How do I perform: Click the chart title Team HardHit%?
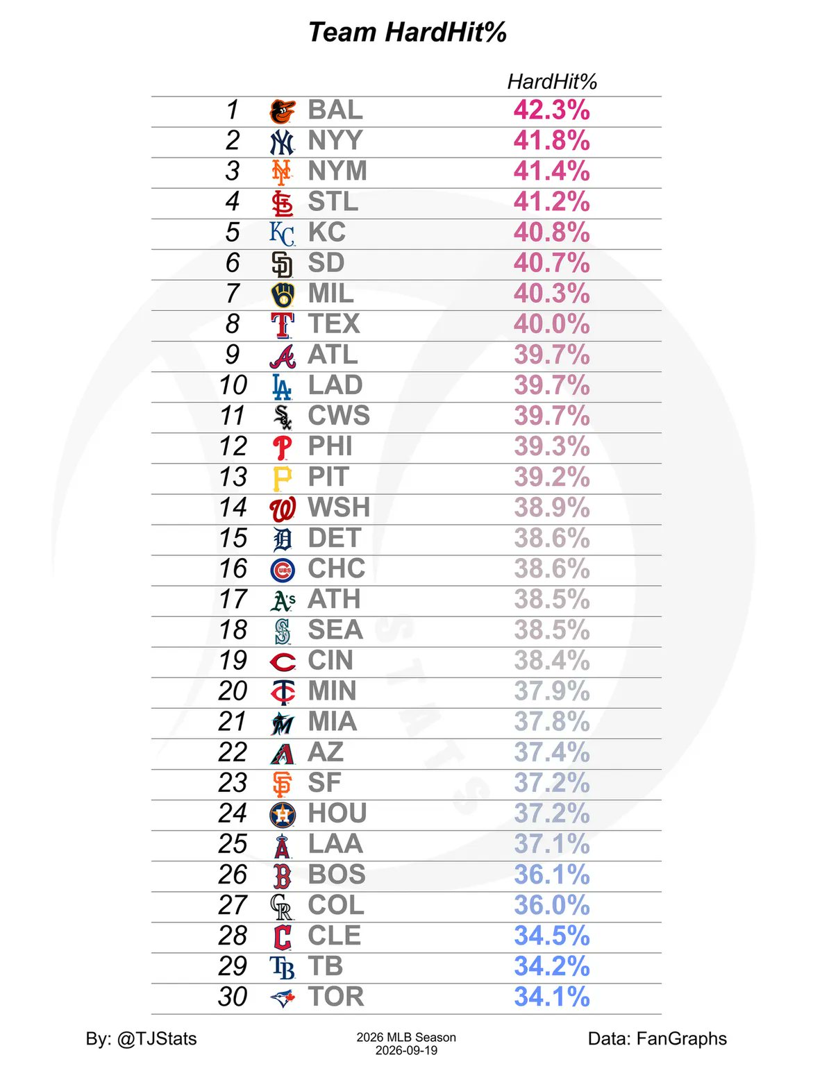click(407, 33)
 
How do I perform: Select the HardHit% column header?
click(552, 82)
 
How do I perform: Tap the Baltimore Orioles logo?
click(283, 112)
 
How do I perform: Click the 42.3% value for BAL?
click(552, 110)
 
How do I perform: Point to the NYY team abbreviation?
click(335, 140)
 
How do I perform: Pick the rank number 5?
click(233, 233)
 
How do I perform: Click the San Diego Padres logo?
click(283, 264)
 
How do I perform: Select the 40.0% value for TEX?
click(552, 323)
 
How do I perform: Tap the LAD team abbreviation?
click(335, 385)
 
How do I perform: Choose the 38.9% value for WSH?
click(552, 507)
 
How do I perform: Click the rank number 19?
click(233, 660)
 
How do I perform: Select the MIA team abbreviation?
click(332, 721)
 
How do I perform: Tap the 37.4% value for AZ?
click(552, 752)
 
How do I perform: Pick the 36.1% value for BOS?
click(552, 875)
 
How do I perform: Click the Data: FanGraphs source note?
click(657, 1038)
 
